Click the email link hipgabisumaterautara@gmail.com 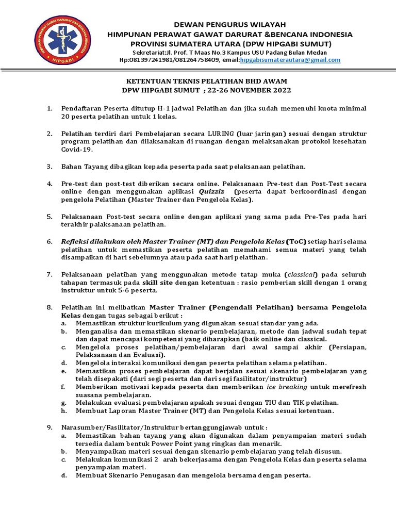click(290, 60)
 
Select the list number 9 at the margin click(49, 427)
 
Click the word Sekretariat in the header click(150, 52)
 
